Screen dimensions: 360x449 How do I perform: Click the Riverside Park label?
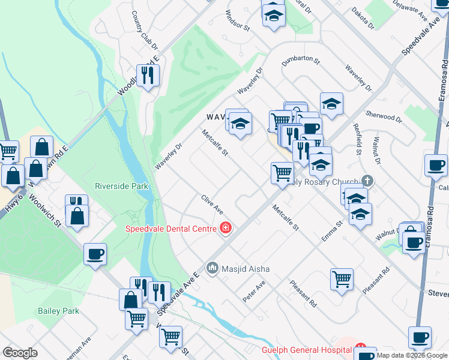pos(121,186)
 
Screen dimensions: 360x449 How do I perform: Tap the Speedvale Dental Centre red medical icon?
pos(226,228)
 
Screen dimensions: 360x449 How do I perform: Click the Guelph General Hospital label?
pos(306,350)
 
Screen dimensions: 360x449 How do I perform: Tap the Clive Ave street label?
pos(212,205)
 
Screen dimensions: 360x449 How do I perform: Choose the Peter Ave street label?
pos(254,290)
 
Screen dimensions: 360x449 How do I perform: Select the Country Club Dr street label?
pos(144,30)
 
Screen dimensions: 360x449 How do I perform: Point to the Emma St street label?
pos(331,231)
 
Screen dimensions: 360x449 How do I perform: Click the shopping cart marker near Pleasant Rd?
pos(342,278)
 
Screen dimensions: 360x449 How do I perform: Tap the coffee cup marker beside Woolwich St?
pos(95,254)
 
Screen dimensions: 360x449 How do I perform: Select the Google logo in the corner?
pos(20,353)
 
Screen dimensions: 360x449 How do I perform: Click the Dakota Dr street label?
pos(363,19)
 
